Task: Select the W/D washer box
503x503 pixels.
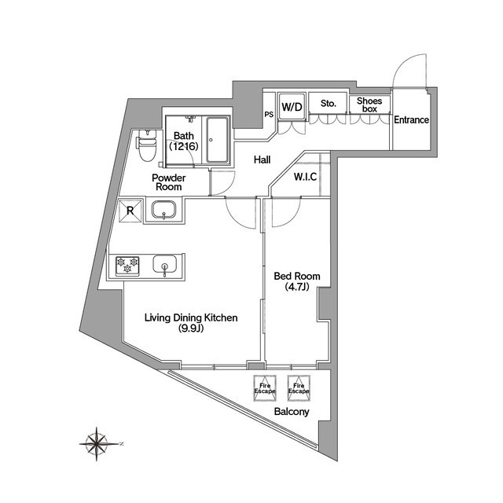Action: click(292, 105)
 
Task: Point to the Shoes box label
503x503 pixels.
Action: click(369, 105)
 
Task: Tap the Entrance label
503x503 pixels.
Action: click(411, 120)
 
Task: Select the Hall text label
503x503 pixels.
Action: click(263, 160)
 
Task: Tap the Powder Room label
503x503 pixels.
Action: click(168, 182)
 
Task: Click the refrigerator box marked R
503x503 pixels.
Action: click(129, 210)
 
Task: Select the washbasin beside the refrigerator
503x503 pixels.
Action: click(163, 210)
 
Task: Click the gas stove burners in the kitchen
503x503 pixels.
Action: click(127, 266)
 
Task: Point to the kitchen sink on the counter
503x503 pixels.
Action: click(164, 266)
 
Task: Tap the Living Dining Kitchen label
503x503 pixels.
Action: click(190, 323)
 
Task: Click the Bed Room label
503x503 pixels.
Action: click(296, 282)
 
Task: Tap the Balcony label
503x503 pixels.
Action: click(292, 412)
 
